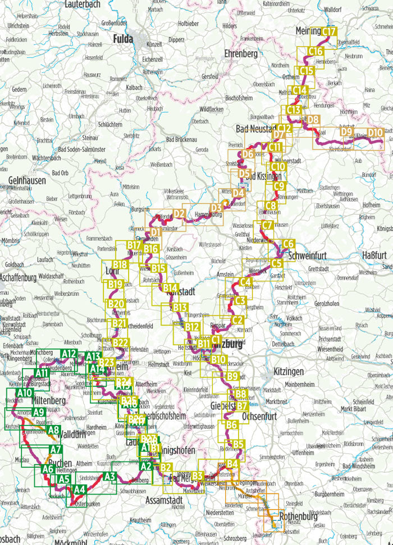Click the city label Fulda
tap(124, 39)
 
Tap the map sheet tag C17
tap(329, 32)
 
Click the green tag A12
tap(69, 354)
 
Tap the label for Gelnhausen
tap(27, 180)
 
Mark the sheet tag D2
tap(179, 213)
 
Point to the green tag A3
tap(109, 477)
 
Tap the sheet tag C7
tap(267, 226)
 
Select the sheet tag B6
tap(231, 425)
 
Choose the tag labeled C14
tap(300, 90)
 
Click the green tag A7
tap(55, 449)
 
